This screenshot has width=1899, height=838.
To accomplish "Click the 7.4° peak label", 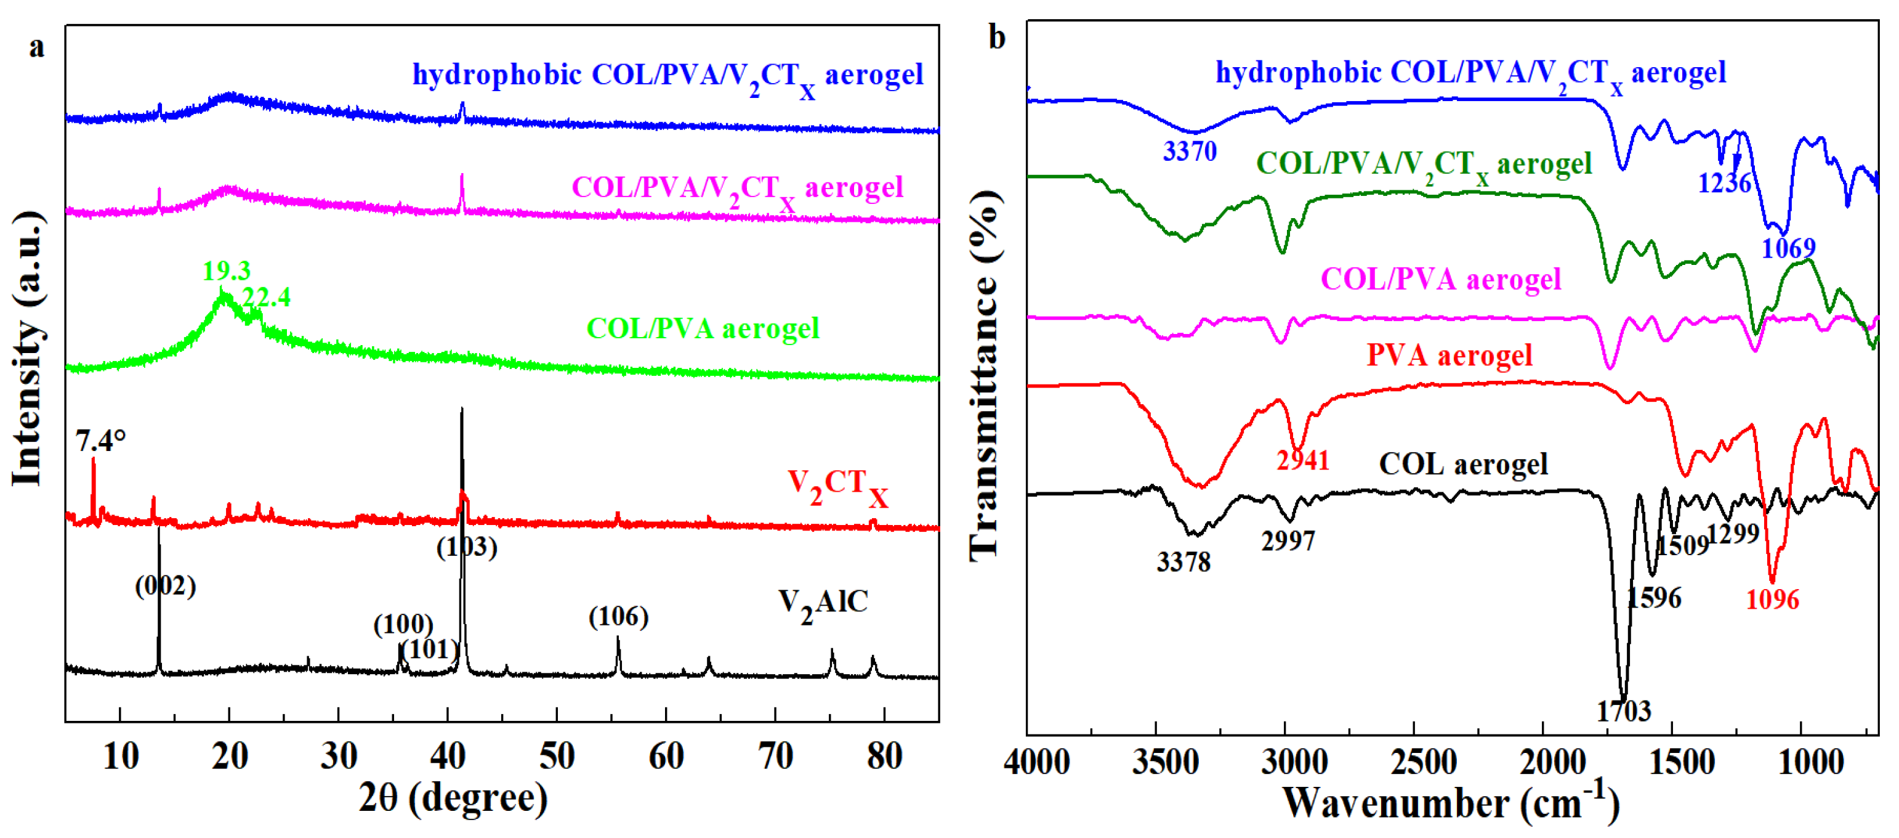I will click(100, 441).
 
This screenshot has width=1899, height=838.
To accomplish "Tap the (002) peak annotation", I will click(165, 586).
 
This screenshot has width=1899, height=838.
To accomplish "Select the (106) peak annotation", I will click(618, 616).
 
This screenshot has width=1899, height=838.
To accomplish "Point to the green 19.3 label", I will click(227, 271).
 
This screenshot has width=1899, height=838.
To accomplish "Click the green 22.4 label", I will click(266, 297).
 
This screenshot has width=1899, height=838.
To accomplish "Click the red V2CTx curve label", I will click(837, 487).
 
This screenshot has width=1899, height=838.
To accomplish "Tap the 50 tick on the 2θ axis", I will click(557, 756).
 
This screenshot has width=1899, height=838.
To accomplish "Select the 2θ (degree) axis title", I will click(453, 798).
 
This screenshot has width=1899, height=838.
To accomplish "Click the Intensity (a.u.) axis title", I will click(28, 348).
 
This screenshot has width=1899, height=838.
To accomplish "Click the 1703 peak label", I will click(1623, 711).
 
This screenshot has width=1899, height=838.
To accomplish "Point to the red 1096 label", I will click(1772, 600).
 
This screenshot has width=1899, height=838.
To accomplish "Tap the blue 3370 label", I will click(1189, 151).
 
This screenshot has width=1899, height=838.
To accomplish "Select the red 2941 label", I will click(1302, 460).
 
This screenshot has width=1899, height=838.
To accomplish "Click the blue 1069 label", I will click(1788, 248).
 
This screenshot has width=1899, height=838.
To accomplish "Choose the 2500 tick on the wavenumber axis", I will click(1423, 762).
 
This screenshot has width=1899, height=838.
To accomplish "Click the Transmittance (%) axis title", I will click(985, 376).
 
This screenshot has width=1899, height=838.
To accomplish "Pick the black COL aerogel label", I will click(1462, 464).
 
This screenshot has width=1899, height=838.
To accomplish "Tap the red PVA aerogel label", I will click(1449, 356).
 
